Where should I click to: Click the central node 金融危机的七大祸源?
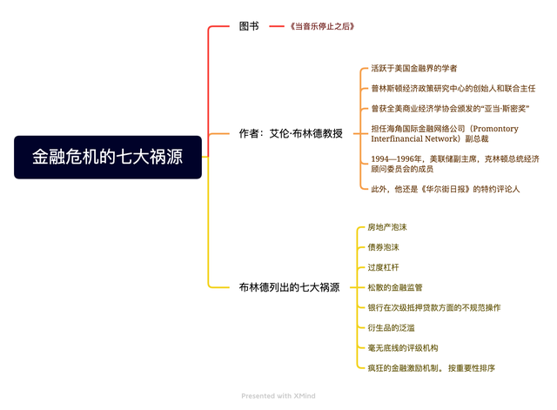[x=108, y=157]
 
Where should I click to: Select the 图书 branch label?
[x=249, y=27]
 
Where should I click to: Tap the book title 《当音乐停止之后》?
[x=323, y=27]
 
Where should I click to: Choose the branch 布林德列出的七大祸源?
[x=289, y=286]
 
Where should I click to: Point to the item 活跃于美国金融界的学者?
[x=414, y=68]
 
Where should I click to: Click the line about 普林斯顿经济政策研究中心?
[x=453, y=88]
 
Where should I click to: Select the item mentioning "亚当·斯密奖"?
[x=450, y=108]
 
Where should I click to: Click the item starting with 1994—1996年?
[x=454, y=164]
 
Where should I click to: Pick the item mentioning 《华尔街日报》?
[x=445, y=188]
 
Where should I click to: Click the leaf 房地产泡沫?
[x=387, y=227]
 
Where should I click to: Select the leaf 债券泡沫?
[x=383, y=247]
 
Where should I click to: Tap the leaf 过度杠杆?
[x=383, y=267]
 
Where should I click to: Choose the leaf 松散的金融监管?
[x=395, y=287]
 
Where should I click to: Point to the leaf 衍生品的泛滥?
[x=391, y=327]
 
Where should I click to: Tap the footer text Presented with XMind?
[x=278, y=396]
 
